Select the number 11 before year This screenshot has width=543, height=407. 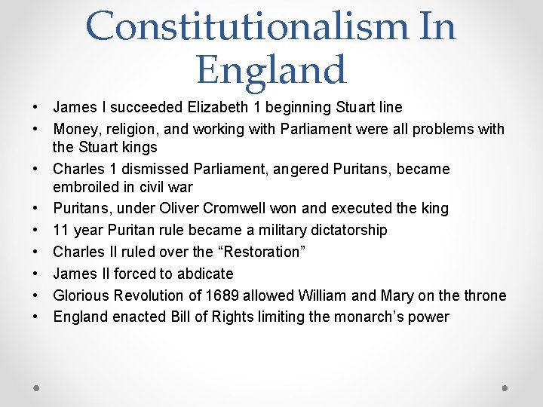pos(61,230)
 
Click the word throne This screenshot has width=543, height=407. pos(484,295)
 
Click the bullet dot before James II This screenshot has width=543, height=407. pos(37,274)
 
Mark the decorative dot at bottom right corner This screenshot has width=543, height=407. pos(505,387)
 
